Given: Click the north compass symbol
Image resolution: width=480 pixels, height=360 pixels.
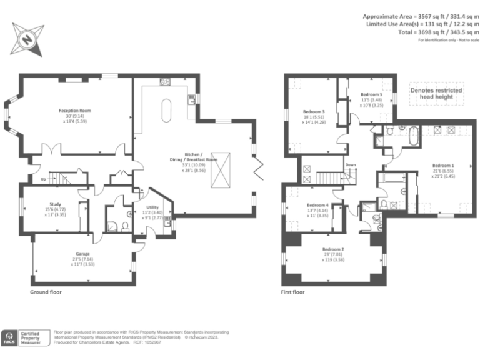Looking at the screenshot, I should (x=27, y=39).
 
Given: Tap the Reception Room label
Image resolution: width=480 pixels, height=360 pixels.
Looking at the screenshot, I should (x=75, y=111).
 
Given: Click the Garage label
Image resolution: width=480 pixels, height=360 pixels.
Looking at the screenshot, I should (x=83, y=254).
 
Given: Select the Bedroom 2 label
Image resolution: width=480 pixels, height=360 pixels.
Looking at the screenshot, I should (x=333, y=249).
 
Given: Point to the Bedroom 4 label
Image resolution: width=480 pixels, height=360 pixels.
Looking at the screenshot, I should (x=317, y=205).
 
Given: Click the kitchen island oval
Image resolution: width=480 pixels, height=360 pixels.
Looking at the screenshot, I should (x=167, y=110).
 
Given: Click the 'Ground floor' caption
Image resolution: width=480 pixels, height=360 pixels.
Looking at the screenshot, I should (x=46, y=292).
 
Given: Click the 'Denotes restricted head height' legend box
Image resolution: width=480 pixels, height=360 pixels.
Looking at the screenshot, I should (x=436, y=94).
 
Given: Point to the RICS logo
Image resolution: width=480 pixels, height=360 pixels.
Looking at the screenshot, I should (x=11, y=337).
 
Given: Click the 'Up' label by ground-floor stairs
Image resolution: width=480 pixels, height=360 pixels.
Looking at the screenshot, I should (x=43, y=179).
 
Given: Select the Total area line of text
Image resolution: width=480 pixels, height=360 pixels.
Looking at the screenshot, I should (x=423, y=32).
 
